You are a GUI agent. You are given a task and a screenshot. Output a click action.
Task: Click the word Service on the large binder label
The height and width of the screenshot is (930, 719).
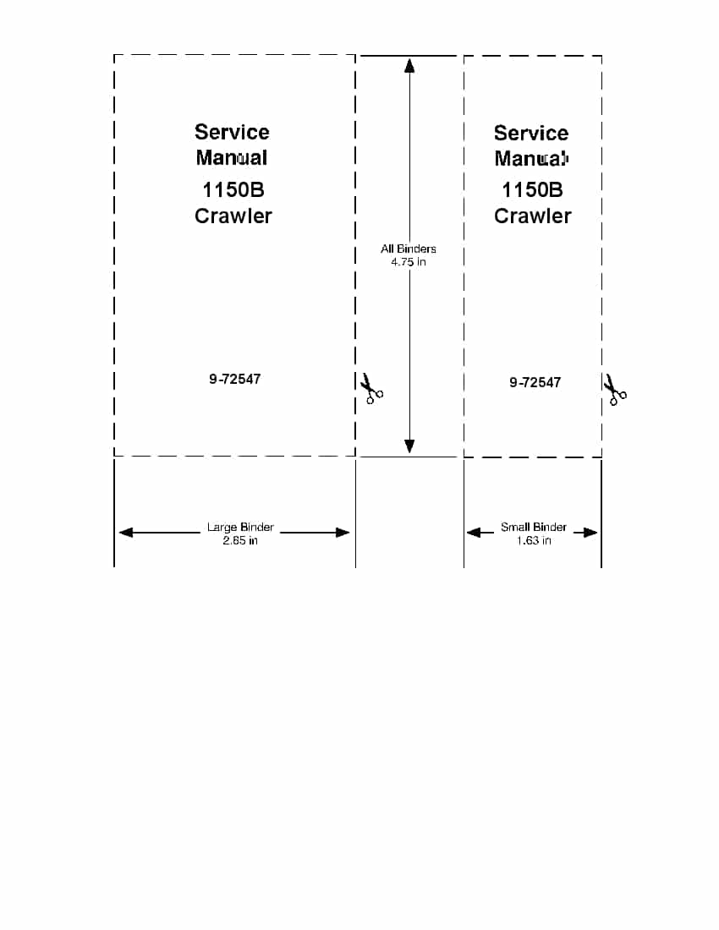pos(232,132)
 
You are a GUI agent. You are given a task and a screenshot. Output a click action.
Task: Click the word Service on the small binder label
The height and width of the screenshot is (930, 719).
pos(531,133)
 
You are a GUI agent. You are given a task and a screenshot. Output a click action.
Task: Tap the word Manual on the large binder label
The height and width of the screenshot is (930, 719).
pos(232,158)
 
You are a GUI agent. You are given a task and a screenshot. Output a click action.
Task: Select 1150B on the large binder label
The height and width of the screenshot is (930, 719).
pos(233,189)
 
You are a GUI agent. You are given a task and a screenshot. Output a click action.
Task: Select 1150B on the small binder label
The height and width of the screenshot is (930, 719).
pos(532,189)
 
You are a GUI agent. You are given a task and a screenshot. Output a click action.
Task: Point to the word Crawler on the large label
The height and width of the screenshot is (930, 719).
pos(233,216)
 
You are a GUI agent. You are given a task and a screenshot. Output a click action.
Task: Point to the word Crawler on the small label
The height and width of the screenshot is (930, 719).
pos(533,216)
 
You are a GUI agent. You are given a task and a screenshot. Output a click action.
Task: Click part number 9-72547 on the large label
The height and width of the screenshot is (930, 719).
pos(235,379)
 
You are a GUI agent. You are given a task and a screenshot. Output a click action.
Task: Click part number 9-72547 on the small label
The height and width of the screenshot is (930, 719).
pos(535,382)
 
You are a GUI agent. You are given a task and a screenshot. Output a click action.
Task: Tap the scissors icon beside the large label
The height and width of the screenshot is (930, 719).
pos(371,389)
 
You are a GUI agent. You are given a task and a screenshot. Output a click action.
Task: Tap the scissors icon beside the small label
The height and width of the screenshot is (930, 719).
pos(615,390)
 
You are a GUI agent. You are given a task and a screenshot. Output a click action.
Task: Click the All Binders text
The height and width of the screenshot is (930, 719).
pos(409,249)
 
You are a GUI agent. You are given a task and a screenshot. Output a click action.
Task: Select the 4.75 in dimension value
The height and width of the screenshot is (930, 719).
pos(409,261)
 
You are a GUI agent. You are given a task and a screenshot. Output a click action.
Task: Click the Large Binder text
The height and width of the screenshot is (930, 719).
pos(240,527)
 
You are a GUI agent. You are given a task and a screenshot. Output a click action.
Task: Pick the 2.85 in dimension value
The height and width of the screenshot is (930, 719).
pos(240,540)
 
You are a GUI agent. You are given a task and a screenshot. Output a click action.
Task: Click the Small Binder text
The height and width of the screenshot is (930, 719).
pos(533,527)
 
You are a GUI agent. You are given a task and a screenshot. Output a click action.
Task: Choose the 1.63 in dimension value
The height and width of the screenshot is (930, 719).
pos(533,540)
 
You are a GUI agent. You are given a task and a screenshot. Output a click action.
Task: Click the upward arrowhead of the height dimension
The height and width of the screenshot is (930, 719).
pos(409,65)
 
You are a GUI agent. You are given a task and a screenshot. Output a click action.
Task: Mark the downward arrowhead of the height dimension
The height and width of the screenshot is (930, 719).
pos(409,446)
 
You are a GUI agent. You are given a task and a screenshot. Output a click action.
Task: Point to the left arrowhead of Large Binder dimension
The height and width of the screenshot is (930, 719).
pos(126,532)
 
